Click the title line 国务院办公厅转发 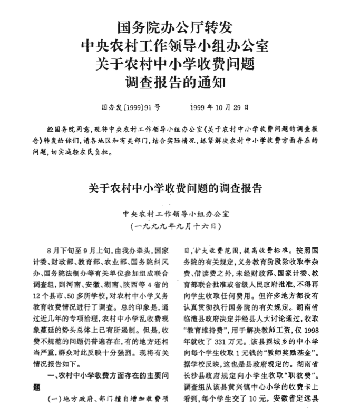point(174,26)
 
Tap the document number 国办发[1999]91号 point(130,107)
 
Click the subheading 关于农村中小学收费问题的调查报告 point(174,188)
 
